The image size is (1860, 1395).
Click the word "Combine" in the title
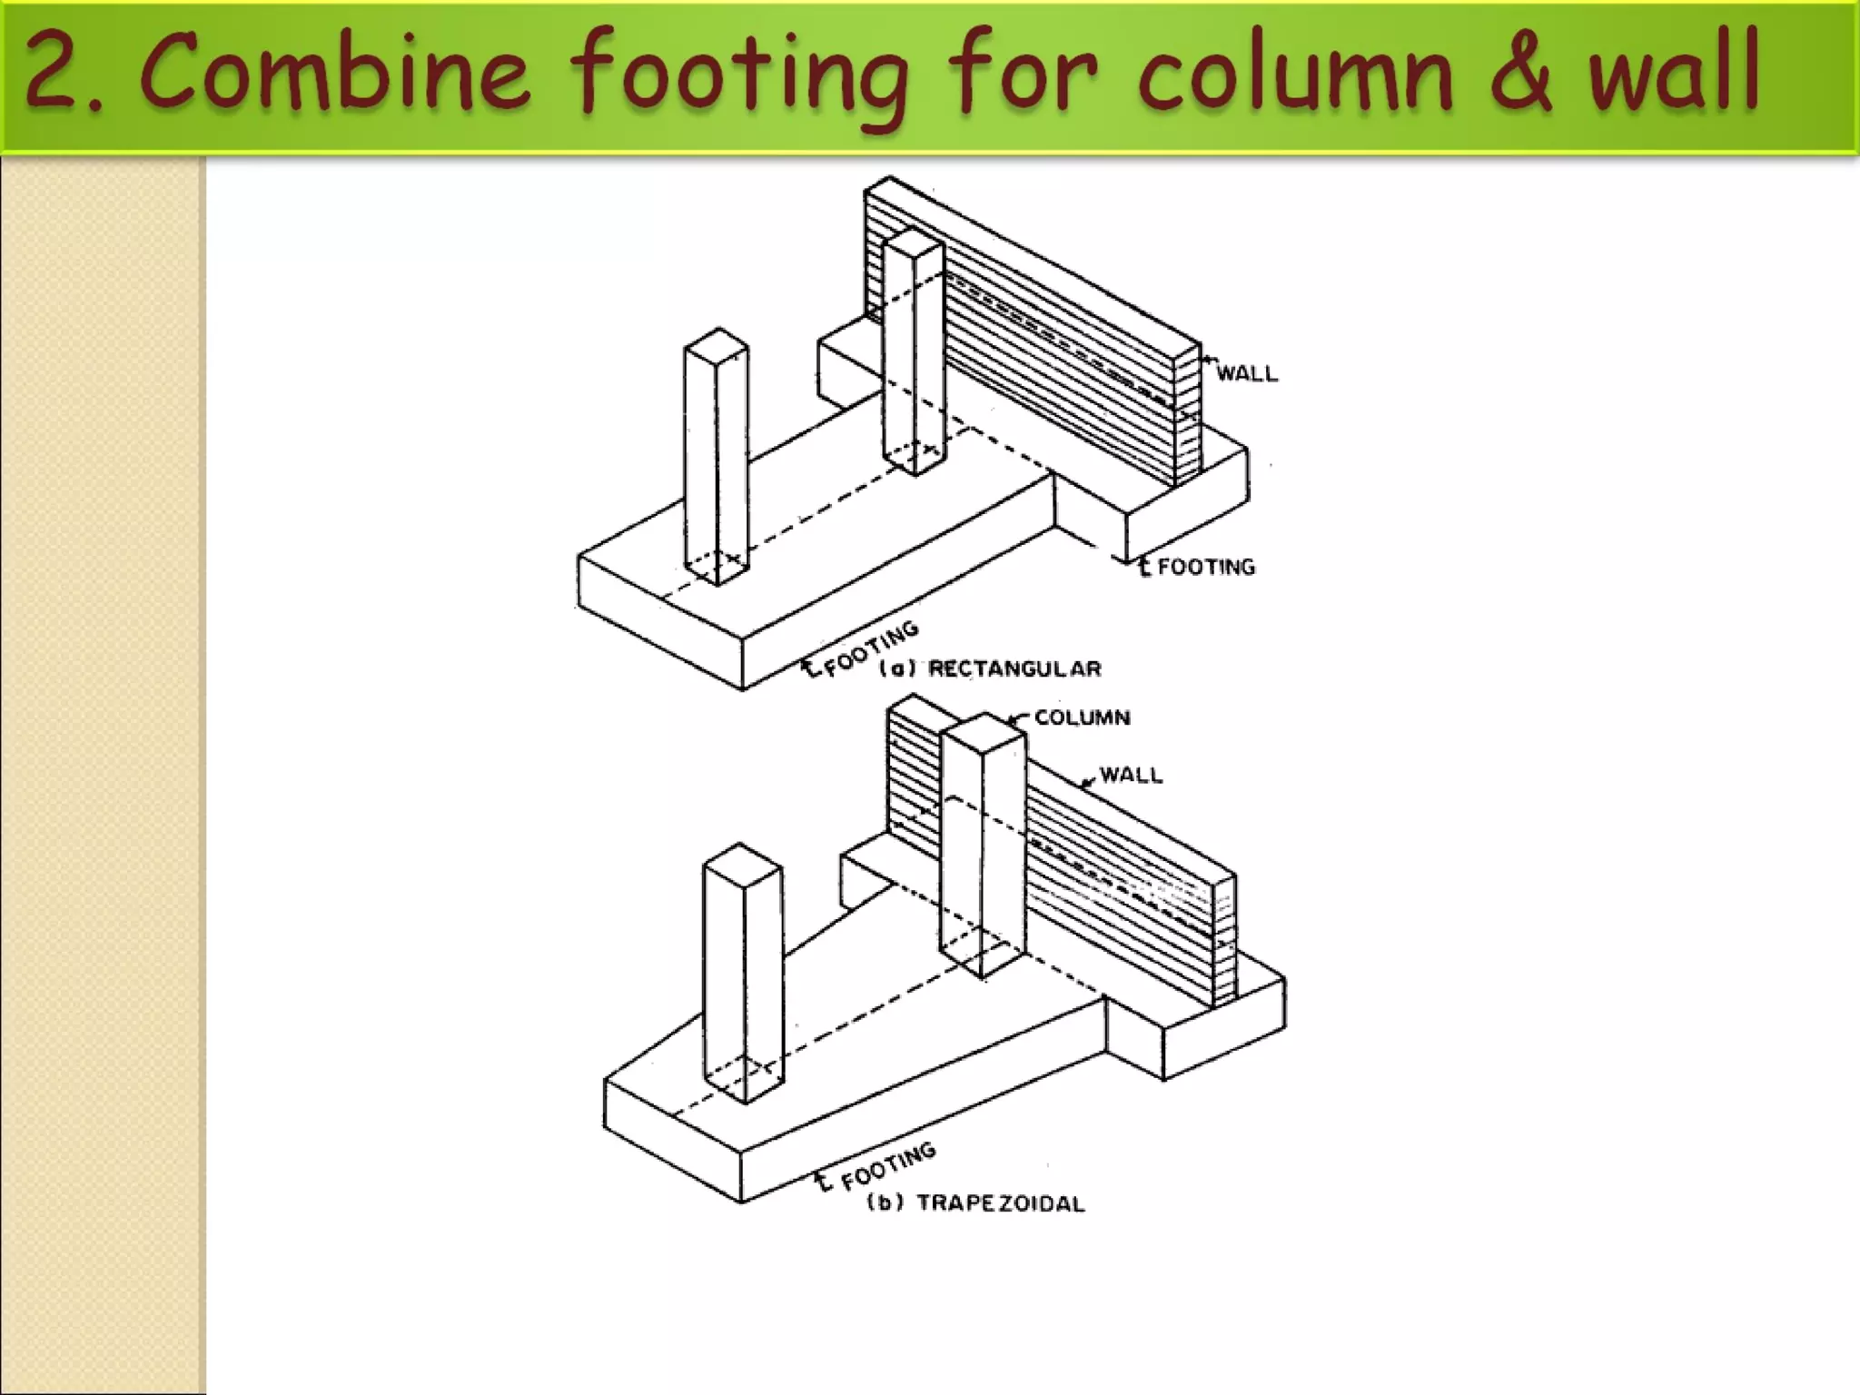click(x=334, y=73)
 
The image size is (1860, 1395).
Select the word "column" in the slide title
click(x=1295, y=73)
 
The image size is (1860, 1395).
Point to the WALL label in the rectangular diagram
click(x=1246, y=373)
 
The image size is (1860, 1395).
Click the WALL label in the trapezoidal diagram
click(x=1131, y=775)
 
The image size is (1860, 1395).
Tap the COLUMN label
click(x=1083, y=717)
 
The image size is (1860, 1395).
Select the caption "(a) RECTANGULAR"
click(x=990, y=669)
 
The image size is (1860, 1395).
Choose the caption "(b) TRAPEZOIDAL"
click(x=976, y=1203)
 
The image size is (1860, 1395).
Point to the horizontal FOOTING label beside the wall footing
click(x=1206, y=567)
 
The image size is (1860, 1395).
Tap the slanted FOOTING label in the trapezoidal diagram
click(x=887, y=1166)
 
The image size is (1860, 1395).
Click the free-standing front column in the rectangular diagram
click(x=717, y=454)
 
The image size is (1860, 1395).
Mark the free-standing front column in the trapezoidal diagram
click(x=743, y=972)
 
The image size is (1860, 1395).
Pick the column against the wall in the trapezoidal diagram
click(x=984, y=845)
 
